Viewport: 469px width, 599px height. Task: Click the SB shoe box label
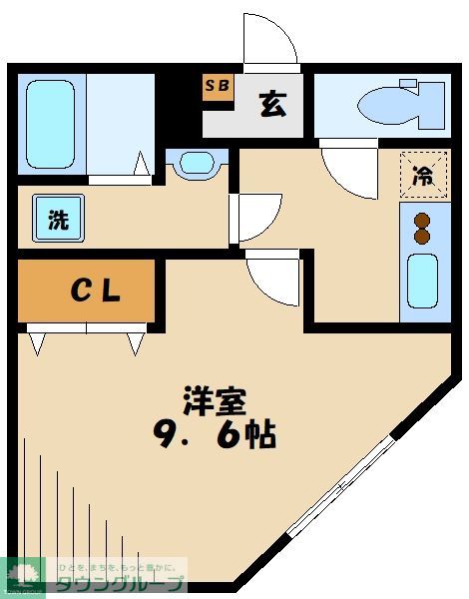tap(218, 86)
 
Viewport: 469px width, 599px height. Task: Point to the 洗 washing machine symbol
tap(59, 220)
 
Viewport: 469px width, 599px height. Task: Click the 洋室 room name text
tap(214, 401)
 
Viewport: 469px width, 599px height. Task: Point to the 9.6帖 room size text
tap(216, 435)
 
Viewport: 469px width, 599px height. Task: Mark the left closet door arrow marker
tap(38, 343)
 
